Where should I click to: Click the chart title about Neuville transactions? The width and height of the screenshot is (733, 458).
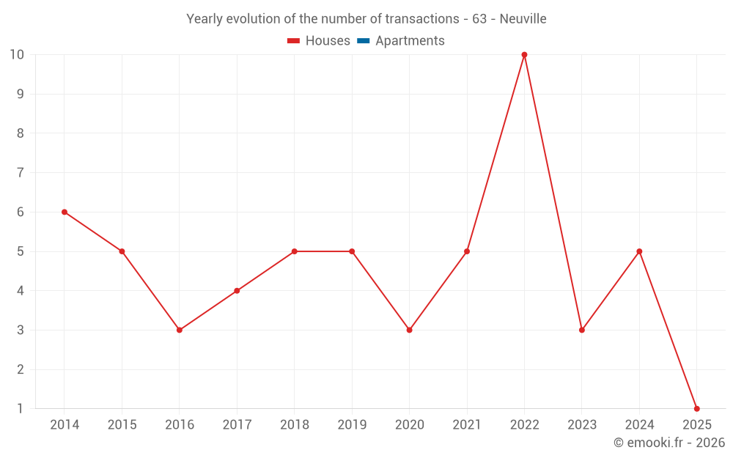click(x=366, y=19)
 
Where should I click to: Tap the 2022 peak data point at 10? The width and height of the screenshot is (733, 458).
click(x=524, y=55)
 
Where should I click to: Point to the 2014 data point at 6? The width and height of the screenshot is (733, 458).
click(x=65, y=212)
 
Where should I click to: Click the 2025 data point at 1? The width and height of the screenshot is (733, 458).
click(x=696, y=408)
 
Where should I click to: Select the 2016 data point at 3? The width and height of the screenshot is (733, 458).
click(x=180, y=330)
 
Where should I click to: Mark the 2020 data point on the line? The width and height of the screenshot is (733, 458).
click(x=409, y=330)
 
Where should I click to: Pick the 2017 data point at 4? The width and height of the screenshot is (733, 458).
click(x=237, y=290)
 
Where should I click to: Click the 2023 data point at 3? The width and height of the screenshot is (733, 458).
click(x=581, y=330)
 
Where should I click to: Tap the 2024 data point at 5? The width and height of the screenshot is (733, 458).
click(x=639, y=251)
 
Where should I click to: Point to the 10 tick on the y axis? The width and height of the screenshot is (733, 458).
click(x=17, y=55)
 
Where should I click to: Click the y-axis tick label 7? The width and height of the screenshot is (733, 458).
click(x=21, y=173)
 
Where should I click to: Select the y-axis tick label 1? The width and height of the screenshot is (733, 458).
click(x=21, y=408)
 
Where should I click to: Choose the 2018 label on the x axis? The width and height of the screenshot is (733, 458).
click(x=294, y=425)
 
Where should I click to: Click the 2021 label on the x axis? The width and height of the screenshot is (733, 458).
click(x=467, y=425)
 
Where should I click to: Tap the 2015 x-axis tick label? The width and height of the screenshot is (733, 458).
click(x=122, y=425)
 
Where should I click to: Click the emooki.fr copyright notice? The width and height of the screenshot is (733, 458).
click(x=668, y=443)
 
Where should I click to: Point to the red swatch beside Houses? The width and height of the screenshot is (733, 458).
click(x=294, y=41)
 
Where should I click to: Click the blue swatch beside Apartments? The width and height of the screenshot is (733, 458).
click(x=363, y=41)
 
